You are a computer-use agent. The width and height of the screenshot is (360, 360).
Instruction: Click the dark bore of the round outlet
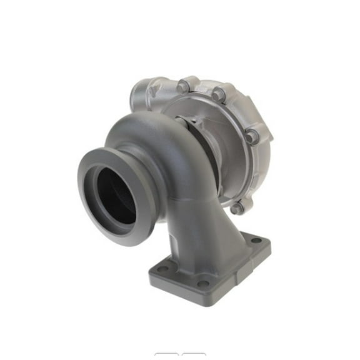point(116,196)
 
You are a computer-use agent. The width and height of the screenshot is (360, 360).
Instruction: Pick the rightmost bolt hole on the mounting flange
point(254,240)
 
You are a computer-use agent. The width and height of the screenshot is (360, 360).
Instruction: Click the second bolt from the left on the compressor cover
point(217,96)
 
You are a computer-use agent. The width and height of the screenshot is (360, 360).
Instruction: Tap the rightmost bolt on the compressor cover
point(251,135)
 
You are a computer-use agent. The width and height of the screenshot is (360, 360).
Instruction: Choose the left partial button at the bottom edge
point(166,356)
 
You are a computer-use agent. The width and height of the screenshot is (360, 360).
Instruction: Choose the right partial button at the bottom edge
point(193,356)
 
